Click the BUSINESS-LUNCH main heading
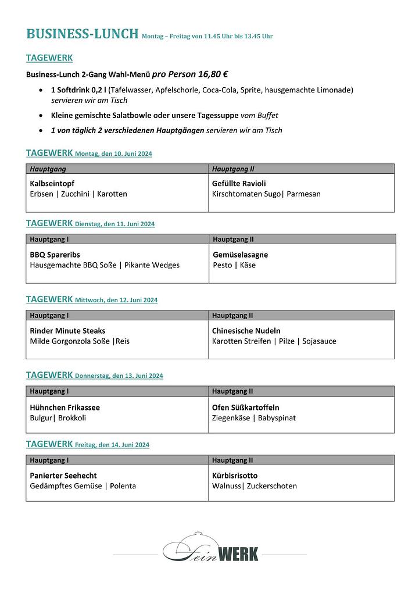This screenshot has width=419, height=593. (x=82, y=34)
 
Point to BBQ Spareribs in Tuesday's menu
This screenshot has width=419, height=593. (x=55, y=255)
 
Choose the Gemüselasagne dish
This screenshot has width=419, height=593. (x=241, y=255)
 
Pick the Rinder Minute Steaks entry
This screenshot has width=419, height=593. (x=67, y=331)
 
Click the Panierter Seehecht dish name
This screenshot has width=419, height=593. (x=63, y=476)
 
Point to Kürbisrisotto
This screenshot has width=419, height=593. (x=235, y=476)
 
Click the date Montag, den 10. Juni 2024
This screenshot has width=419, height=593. (x=113, y=154)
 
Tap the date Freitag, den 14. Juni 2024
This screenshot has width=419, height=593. (x=112, y=445)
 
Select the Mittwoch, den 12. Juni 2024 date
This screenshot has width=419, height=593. (x=116, y=301)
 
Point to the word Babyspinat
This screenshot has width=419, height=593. (x=277, y=418)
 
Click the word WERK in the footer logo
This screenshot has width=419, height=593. (x=237, y=553)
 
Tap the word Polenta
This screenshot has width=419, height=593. (x=123, y=486)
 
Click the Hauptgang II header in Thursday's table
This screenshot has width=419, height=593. (x=232, y=391)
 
